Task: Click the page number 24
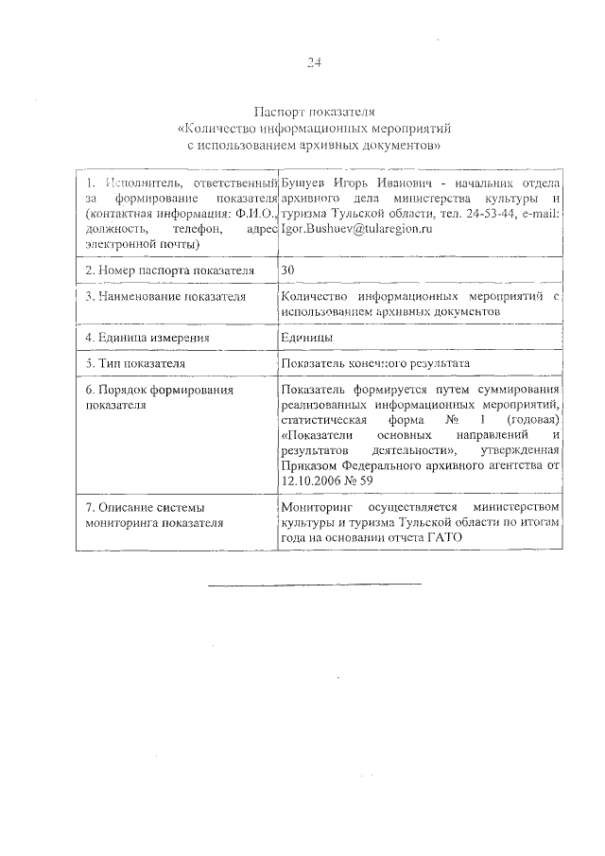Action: point(314,63)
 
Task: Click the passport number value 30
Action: point(287,271)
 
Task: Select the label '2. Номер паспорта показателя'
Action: point(170,271)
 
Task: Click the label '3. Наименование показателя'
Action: point(165,297)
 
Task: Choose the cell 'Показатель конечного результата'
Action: point(374,363)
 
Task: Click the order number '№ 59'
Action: point(373,481)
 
